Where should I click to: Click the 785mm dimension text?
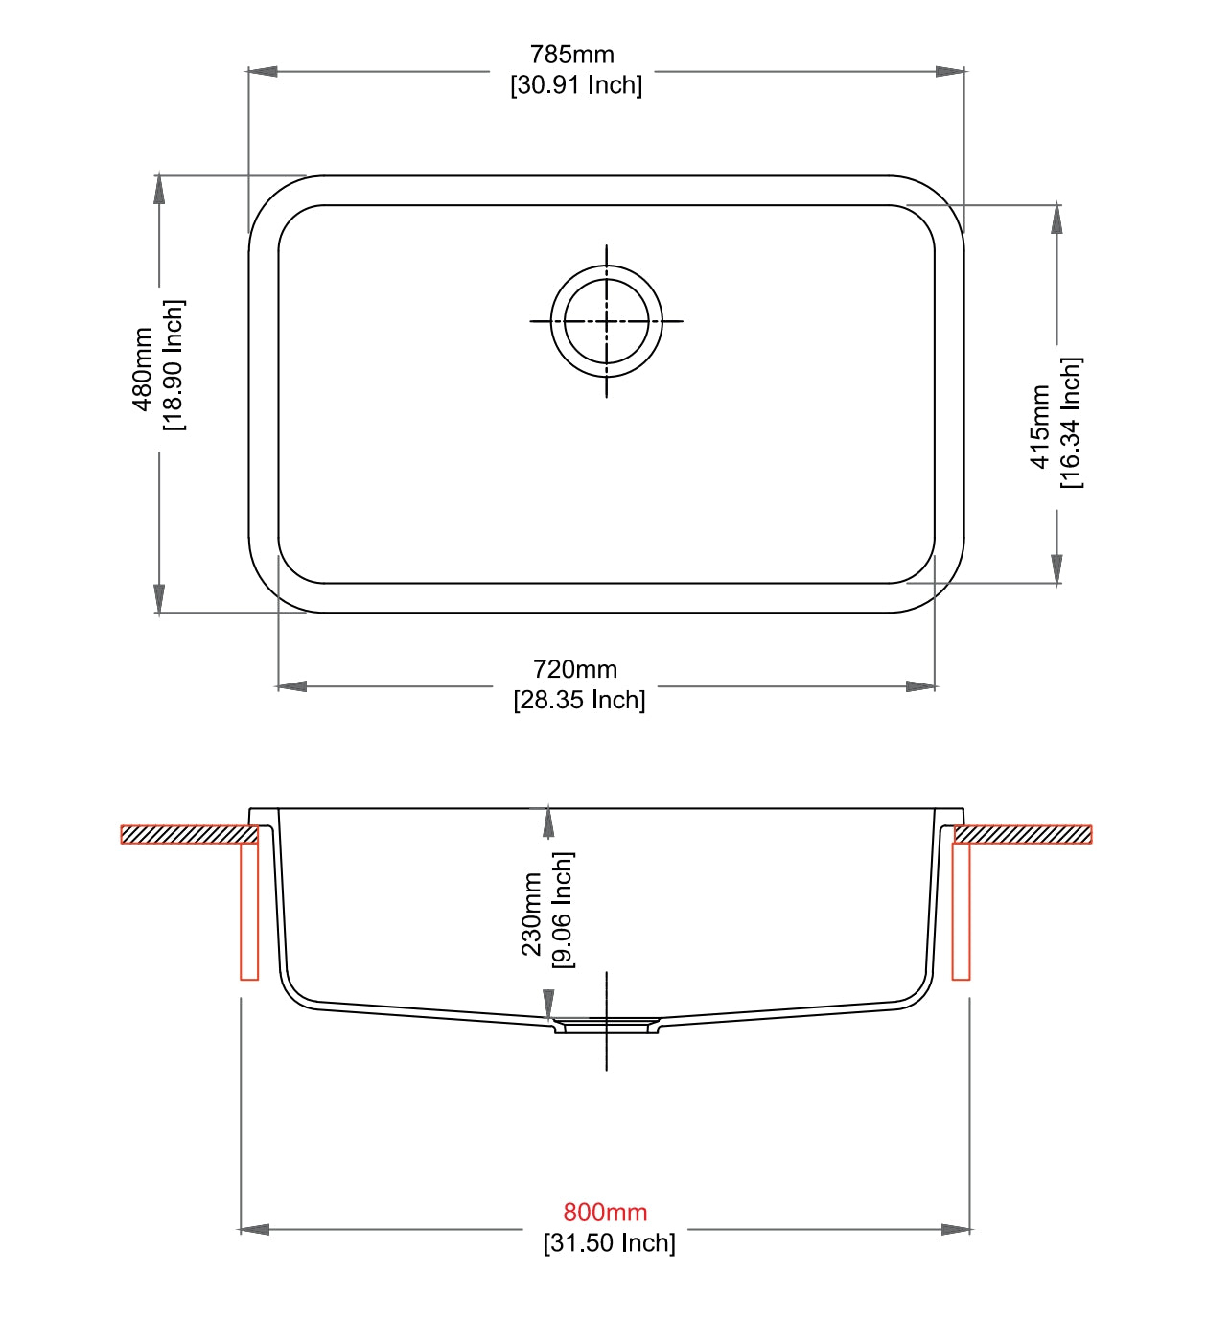571,55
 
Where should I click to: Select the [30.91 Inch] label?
575,85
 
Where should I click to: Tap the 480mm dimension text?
142,369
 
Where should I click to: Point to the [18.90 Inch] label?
174,365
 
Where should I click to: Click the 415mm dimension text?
1040,427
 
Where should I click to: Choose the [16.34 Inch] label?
1071,423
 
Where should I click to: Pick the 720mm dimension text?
575,669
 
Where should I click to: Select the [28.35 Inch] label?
579,700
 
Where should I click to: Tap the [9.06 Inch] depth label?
563,910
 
